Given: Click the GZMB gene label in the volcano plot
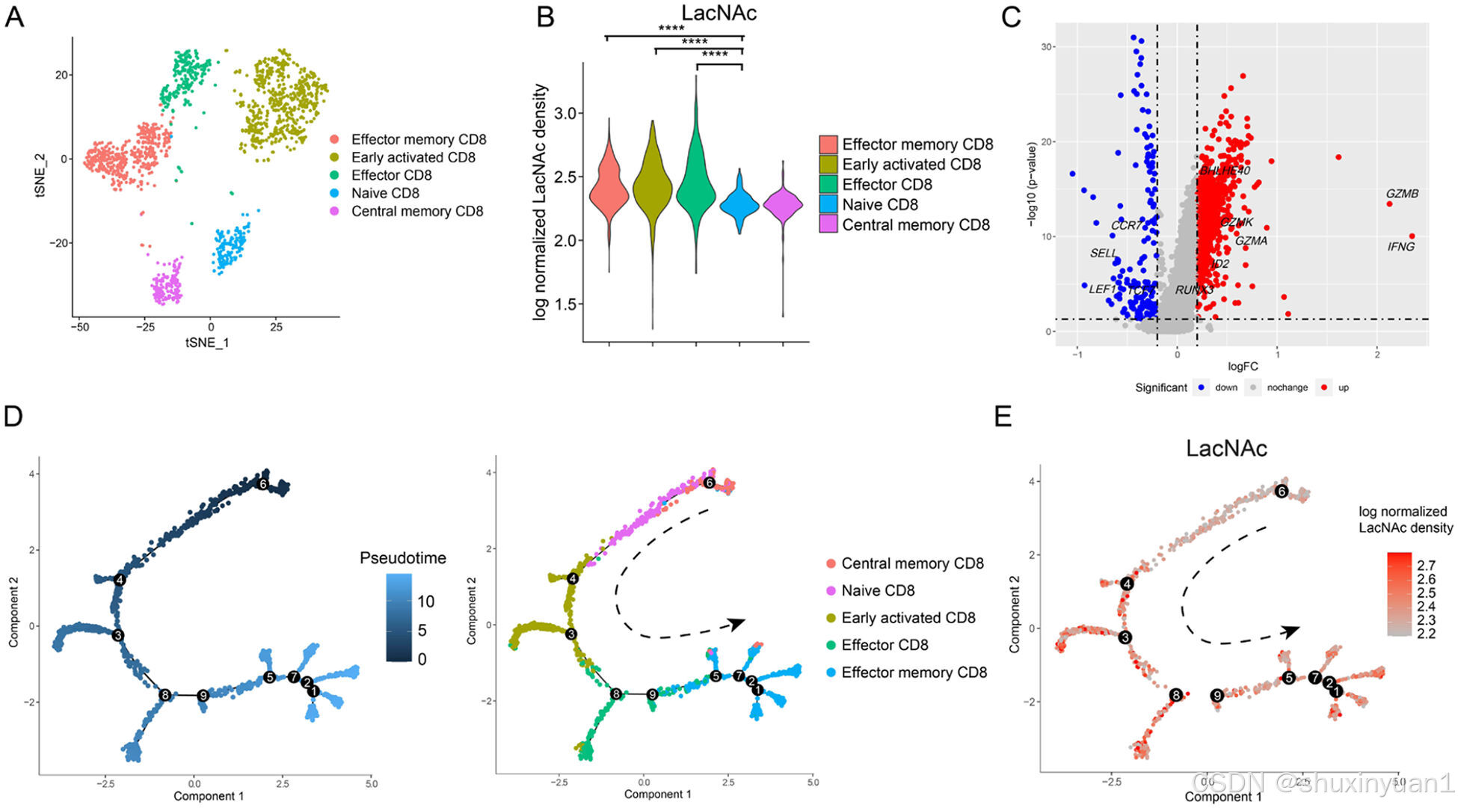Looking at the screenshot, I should (x=1402, y=194).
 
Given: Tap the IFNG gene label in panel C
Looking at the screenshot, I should (x=1400, y=247).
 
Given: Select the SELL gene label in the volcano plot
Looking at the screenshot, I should (x=1103, y=254).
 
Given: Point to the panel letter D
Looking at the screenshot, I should (x=13, y=416).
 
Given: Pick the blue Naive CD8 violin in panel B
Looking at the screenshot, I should (x=740, y=203).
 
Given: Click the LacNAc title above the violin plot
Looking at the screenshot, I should (x=719, y=13).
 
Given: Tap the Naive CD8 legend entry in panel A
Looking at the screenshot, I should (x=384, y=193).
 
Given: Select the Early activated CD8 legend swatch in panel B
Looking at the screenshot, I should (x=828, y=165).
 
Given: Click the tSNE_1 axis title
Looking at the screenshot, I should (x=207, y=343).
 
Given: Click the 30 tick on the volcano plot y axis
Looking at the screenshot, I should (x=1048, y=47).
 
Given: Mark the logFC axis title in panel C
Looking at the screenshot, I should (x=1243, y=367).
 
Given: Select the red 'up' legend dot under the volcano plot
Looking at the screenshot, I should (x=1324, y=388).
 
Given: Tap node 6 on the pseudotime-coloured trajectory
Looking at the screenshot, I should (x=262, y=484).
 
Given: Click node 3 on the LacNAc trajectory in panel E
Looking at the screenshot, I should (x=1125, y=637).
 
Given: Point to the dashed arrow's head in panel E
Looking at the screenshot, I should (x=1291, y=631).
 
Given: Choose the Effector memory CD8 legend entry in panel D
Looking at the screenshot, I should (x=914, y=673).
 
